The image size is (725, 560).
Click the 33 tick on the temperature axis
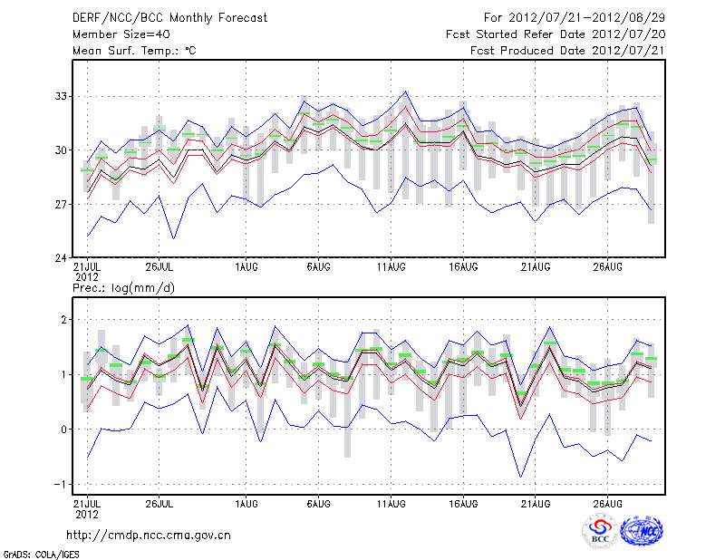tap(63, 96)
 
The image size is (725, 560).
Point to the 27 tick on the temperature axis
tap(63, 205)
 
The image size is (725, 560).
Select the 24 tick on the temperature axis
tap(63, 258)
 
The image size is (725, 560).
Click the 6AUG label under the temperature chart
tap(318, 267)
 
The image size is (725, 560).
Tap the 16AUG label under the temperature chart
tap(463, 267)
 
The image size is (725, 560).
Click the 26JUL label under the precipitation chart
tap(159, 503)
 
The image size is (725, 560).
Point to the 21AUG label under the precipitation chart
tap(536, 503)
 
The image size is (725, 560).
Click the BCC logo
tap(599, 532)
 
